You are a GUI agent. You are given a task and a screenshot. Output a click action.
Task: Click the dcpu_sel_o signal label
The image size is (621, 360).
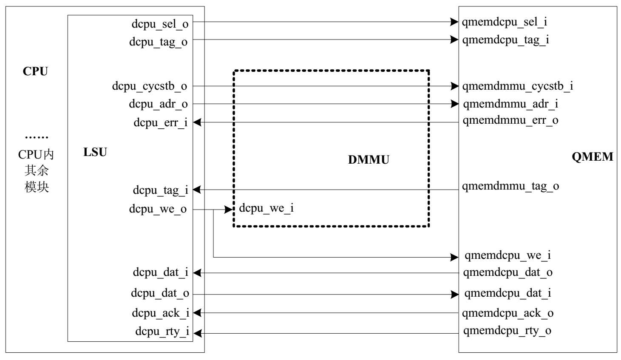click(x=160, y=24)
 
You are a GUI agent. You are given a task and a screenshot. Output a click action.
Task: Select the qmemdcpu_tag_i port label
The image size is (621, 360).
click(x=505, y=40)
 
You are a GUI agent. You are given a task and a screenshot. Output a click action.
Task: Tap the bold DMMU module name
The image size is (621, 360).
click(x=369, y=160)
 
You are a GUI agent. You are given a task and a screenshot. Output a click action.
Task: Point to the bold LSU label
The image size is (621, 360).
click(x=95, y=152)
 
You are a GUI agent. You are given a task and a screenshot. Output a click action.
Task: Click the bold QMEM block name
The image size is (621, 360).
click(x=592, y=157)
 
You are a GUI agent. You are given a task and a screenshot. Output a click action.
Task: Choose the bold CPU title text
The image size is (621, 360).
click(x=35, y=71)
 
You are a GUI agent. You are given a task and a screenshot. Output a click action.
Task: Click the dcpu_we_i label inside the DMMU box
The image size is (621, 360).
click(x=267, y=208)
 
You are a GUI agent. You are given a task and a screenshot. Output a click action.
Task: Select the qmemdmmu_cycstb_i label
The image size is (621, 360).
click(x=517, y=86)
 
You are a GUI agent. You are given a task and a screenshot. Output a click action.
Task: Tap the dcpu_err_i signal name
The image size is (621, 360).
click(x=160, y=122)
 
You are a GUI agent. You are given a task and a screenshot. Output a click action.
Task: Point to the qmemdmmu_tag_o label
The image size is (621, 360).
click(x=510, y=186)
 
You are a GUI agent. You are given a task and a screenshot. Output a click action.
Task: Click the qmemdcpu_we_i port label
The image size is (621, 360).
click(x=507, y=255)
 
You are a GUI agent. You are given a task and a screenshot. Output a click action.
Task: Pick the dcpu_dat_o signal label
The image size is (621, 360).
click(x=160, y=293)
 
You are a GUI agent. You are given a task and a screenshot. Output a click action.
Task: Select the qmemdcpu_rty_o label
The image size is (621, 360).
click(x=507, y=330)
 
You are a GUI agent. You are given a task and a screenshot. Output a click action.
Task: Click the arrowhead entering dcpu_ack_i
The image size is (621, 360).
click(x=197, y=313)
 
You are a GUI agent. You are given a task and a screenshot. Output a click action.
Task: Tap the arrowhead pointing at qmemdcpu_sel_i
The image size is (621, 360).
click(x=454, y=22)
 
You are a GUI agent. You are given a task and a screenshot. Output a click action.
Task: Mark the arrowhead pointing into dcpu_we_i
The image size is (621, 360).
click(x=229, y=209)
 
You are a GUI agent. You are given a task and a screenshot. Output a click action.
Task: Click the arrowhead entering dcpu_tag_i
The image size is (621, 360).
click(x=197, y=190)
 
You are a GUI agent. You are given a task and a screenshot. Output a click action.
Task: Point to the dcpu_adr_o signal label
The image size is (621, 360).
click(x=158, y=104)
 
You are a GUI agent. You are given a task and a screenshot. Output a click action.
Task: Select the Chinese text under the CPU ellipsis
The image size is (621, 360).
click(x=37, y=170)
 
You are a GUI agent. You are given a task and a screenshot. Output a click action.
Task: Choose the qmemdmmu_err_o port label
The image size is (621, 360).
click(x=510, y=120)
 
